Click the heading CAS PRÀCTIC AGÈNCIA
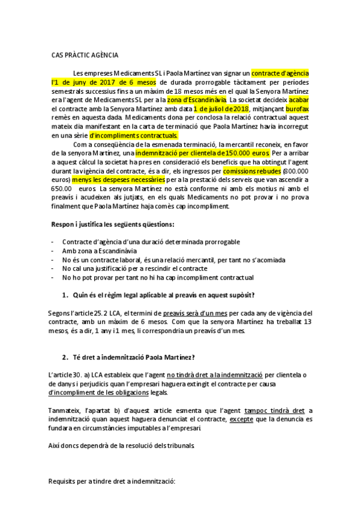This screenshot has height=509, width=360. [84, 55]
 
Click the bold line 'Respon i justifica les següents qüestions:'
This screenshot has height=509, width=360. [114, 224]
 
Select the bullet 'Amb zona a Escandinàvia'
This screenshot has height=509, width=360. [100, 250]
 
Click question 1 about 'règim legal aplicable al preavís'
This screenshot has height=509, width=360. [162, 295]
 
